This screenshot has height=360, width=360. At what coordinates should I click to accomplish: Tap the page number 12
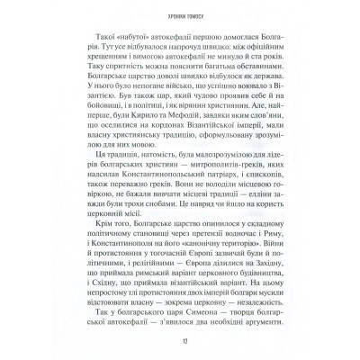(x=180, y=341)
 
